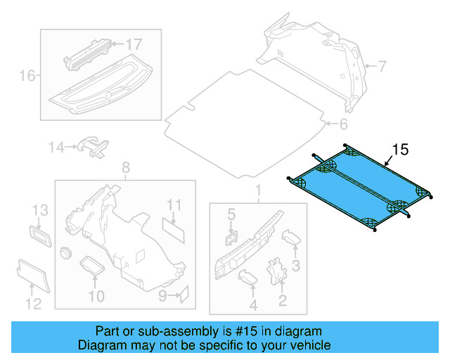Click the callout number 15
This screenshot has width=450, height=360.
pos(400,149)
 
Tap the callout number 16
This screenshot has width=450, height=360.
pos(27,75)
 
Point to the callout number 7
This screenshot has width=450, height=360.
pos(382,67)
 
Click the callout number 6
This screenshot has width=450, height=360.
pos(342,125)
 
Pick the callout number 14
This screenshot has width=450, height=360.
pos(56,147)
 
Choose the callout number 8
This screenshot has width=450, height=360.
pos(126,167)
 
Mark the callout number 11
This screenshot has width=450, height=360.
pos(174,205)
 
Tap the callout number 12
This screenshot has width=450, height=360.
pos(33,303)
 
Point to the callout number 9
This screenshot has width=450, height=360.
pos(162,296)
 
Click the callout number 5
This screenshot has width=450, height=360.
pos(230,213)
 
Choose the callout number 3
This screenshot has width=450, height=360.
pos(296,264)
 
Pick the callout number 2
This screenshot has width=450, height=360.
pos(282,302)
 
